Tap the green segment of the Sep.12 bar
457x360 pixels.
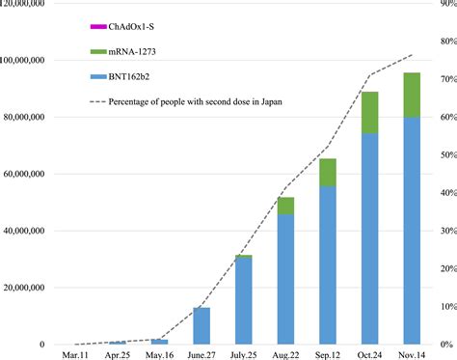point(328,172)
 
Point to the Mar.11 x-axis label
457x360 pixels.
point(75,353)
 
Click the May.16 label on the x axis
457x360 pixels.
point(159,353)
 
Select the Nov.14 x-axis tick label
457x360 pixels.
point(412,353)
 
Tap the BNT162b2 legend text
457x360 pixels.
point(130,76)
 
